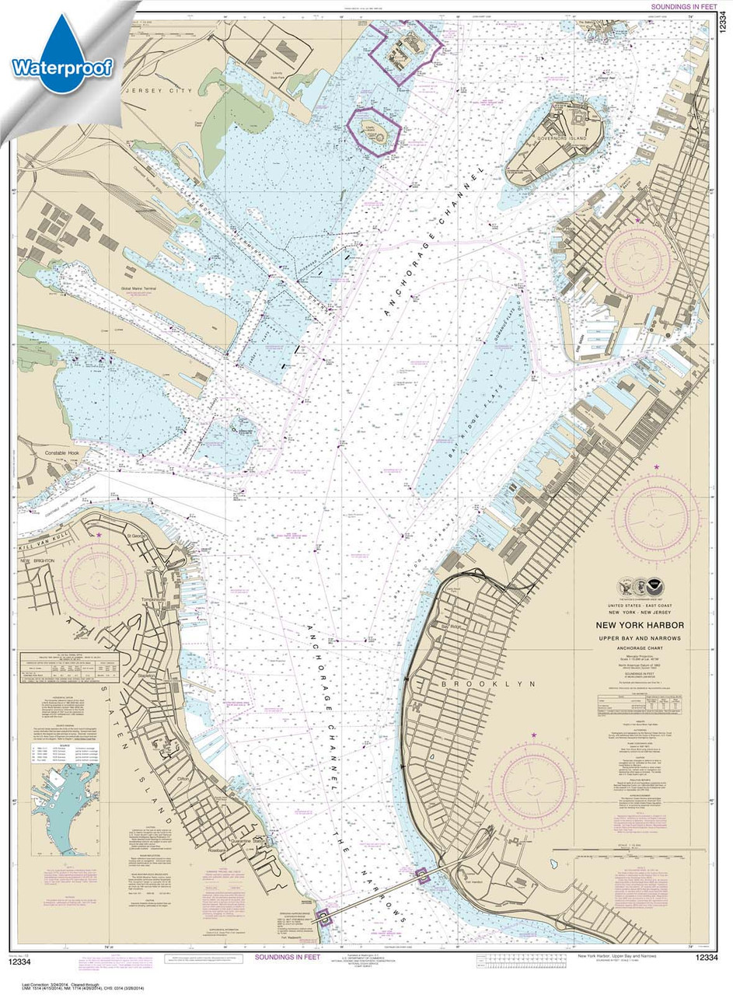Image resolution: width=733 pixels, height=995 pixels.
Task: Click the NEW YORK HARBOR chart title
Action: click(640, 625)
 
